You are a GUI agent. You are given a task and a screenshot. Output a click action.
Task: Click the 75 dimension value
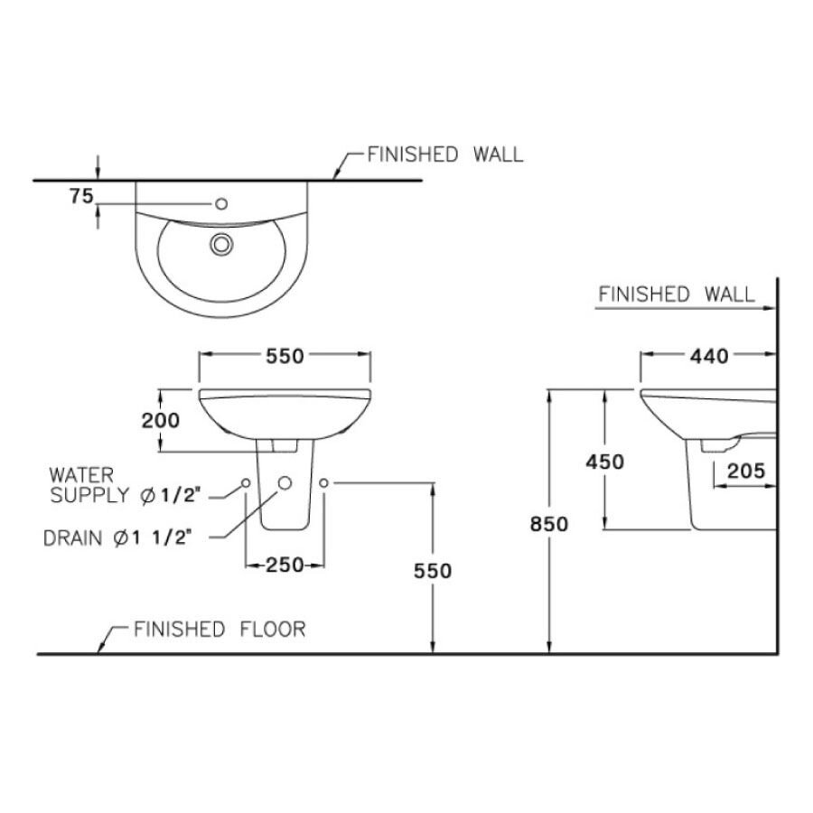click(81, 197)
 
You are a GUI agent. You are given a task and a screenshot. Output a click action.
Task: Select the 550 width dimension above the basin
click(284, 356)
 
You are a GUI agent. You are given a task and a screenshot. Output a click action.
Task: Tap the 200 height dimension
click(161, 419)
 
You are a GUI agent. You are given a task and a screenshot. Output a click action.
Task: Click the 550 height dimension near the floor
click(432, 570)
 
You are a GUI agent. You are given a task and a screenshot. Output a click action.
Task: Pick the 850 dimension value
click(549, 524)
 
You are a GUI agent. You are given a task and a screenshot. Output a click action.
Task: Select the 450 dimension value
click(604, 462)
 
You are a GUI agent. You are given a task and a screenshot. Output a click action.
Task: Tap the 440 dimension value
click(708, 356)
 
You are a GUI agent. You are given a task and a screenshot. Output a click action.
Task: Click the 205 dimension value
click(746, 470)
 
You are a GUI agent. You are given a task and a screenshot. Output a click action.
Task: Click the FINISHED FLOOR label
click(220, 629)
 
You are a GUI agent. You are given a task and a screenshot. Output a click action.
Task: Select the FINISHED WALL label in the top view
click(444, 154)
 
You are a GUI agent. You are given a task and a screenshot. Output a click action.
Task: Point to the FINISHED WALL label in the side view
click(677, 294)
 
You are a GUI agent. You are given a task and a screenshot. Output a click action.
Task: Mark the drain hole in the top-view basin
click(221, 243)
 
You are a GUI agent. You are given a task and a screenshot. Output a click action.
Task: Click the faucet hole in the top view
click(221, 202)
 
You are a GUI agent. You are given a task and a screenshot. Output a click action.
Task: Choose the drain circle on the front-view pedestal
click(285, 483)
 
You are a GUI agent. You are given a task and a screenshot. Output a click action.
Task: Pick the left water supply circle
click(245, 484)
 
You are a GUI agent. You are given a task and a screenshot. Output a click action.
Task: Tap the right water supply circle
click(324, 484)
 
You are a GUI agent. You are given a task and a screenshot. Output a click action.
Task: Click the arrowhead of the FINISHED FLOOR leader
click(99, 651)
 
